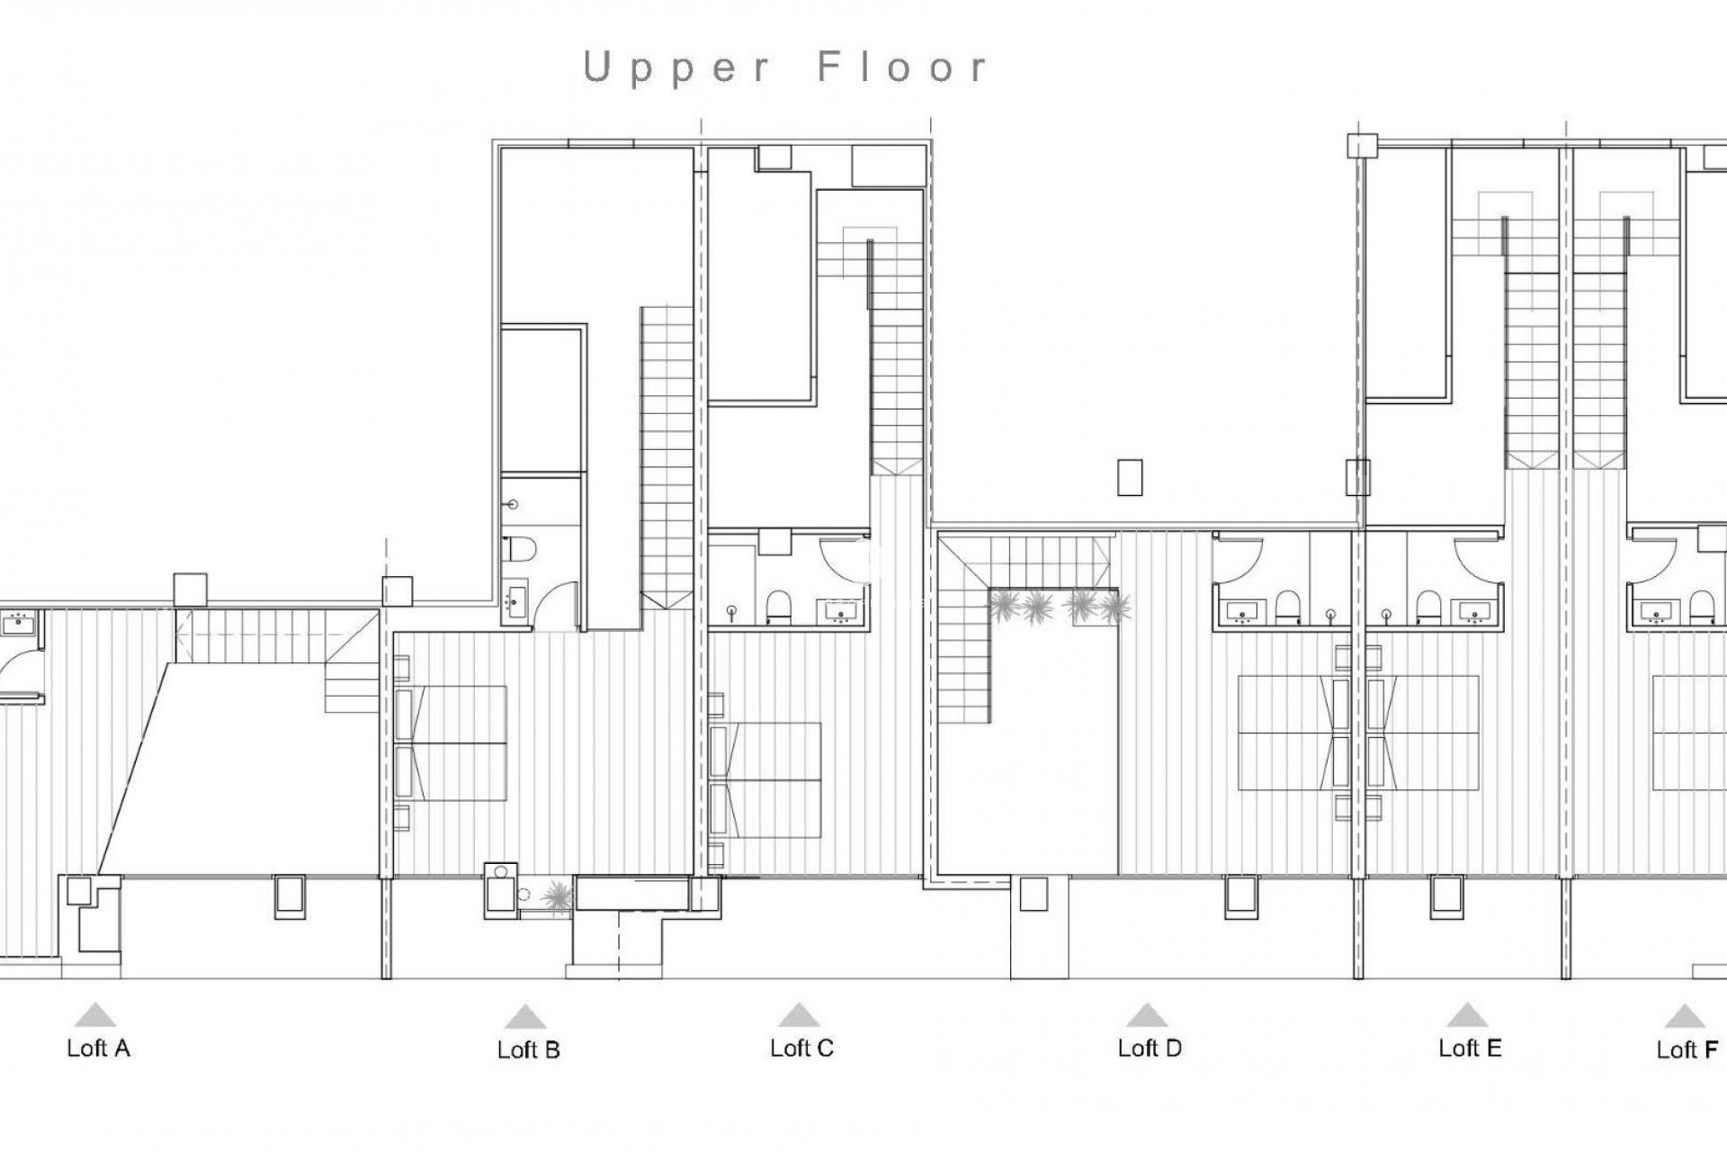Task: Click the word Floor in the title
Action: [902, 68]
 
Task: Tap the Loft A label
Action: [98, 1048]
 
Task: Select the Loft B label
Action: [528, 1050]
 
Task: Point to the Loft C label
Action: [801, 1048]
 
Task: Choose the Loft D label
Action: [1149, 1048]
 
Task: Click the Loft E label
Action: [1470, 1048]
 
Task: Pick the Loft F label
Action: [1687, 1050]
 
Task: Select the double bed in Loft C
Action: [769, 779]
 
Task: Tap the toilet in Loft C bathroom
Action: [779, 607]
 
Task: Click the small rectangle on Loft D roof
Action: [1130, 477]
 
